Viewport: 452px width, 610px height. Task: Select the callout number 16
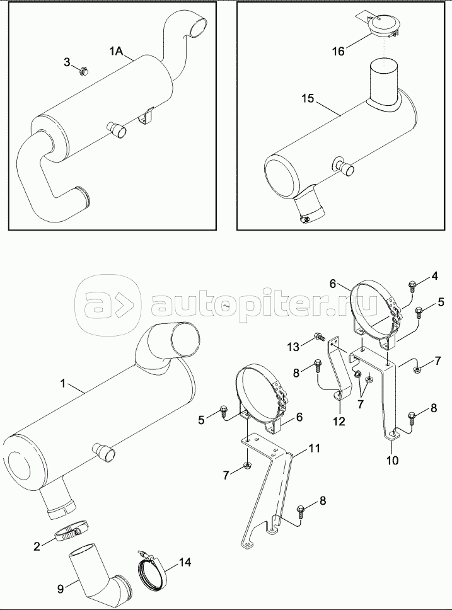tap(339, 51)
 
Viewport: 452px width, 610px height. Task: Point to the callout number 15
tap(307, 100)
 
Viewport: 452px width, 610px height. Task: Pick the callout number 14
tap(184, 561)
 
